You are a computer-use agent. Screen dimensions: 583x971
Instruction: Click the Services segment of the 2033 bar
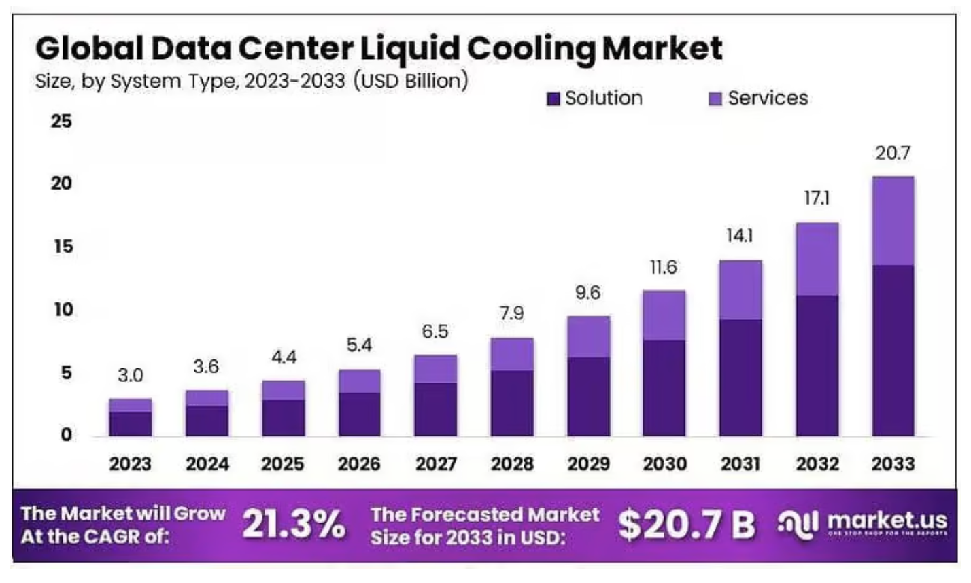[893, 221]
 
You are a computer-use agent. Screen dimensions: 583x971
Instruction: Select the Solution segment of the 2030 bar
[664, 388]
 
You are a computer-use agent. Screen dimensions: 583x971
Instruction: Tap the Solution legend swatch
[553, 99]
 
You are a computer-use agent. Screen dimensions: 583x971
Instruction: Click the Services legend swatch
[715, 99]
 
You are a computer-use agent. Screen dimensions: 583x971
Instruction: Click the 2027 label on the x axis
[436, 464]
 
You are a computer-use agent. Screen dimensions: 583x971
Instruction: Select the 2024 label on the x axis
[207, 464]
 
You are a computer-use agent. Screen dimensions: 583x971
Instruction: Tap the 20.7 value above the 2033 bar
[892, 154]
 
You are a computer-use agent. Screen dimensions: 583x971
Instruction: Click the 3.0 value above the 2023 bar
[130, 375]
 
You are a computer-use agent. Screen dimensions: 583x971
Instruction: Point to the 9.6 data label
[587, 293]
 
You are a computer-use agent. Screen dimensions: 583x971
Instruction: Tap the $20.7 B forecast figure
[687, 525]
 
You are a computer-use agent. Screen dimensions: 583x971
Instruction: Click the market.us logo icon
[798, 524]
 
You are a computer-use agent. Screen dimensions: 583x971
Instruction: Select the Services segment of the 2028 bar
[512, 355]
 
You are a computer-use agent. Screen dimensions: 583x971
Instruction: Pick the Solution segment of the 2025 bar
[284, 417]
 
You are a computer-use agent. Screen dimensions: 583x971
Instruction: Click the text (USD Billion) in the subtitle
[411, 81]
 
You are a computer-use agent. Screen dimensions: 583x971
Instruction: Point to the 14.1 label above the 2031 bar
[740, 236]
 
